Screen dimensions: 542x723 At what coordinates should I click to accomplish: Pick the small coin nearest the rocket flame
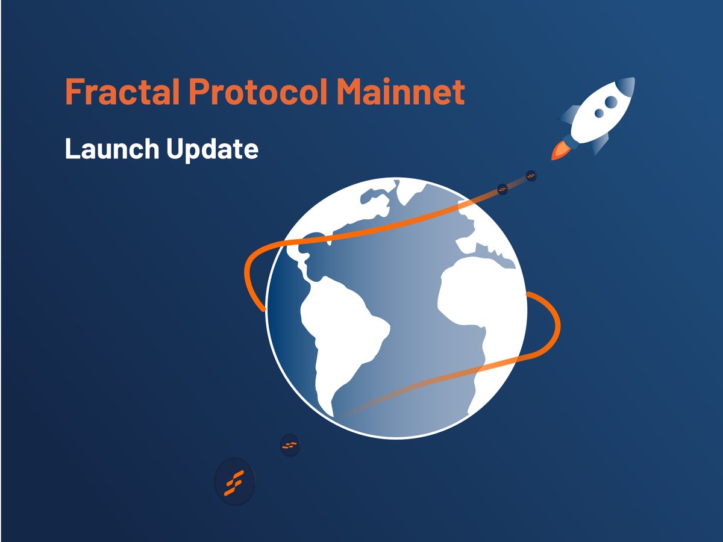coord(531,176)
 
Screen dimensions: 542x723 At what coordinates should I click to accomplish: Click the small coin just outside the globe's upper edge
coord(502,190)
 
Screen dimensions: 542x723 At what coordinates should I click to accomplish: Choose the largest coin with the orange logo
coord(234,482)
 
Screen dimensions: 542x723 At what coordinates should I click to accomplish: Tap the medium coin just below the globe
coord(290,446)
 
